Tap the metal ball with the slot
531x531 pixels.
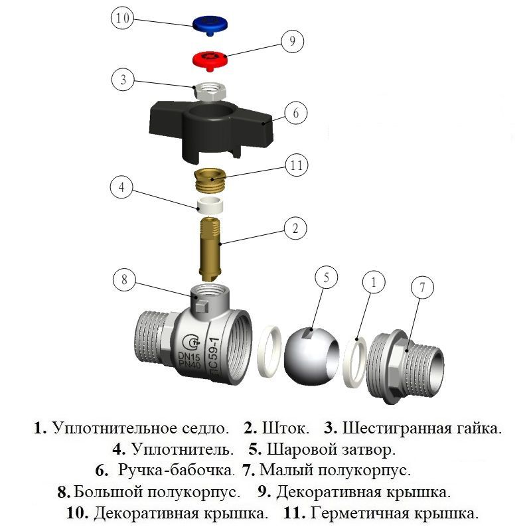[x=310, y=353]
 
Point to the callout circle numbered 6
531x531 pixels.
[x=296, y=114]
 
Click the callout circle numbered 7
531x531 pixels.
[x=422, y=288]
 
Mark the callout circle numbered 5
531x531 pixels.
[x=327, y=278]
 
